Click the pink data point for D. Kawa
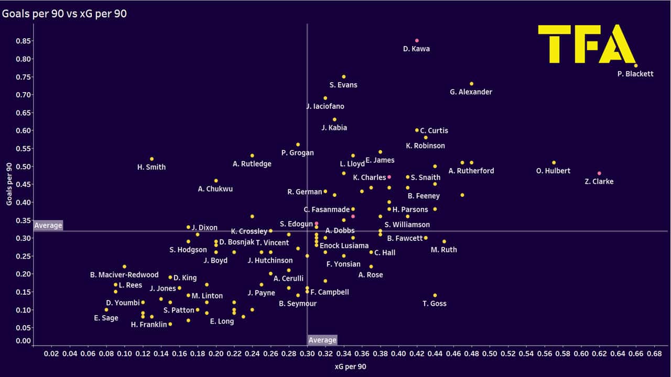tap(417, 40)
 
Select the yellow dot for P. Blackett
tap(636, 65)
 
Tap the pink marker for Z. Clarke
tap(599, 173)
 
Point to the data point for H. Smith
tap(152, 159)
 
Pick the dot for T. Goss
tap(435, 295)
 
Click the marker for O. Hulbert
tap(554, 163)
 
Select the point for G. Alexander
tap(471, 84)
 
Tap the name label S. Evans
tap(343, 85)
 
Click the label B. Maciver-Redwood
tap(124, 275)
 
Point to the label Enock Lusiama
tap(344, 246)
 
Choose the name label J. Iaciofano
tap(326, 106)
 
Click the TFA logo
tap(587, 45)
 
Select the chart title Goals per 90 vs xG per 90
tap(64, 14)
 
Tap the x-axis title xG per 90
tap(350, 367)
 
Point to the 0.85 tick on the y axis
tap(23, 41)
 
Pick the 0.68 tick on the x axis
tap(654, 354)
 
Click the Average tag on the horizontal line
tap(48, 226)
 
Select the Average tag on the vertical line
tap(322, 340)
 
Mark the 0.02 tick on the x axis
tap(51, 354)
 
